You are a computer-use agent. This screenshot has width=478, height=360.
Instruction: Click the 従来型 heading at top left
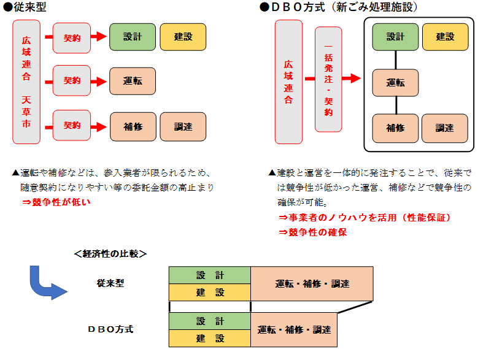point(28,8)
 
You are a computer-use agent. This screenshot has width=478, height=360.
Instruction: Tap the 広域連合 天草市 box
point(26,82)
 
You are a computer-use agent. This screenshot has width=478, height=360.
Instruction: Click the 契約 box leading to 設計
point(72,37)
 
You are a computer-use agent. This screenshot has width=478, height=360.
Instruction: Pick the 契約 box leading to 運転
point(72,80)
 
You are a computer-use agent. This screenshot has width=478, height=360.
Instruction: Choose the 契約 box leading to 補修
point(72,125)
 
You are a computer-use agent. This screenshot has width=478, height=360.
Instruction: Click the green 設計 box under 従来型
point(132,37)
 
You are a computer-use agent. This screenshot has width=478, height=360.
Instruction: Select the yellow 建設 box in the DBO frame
point(445,37)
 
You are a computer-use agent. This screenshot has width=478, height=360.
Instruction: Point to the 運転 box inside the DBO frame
point(395,83)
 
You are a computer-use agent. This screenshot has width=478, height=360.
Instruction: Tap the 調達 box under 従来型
point(183,127)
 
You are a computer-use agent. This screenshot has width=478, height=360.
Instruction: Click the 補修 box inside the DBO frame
point(395,128)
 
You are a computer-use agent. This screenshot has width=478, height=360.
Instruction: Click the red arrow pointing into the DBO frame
point(352,79)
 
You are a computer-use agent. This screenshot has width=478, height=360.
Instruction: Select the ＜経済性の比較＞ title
point(110,253)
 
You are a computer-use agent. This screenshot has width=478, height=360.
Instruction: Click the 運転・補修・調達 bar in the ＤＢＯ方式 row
point(294,329)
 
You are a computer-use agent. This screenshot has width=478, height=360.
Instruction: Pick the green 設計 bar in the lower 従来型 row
point(210,275)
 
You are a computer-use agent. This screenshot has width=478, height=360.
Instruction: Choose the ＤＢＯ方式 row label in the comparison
point(110,329)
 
